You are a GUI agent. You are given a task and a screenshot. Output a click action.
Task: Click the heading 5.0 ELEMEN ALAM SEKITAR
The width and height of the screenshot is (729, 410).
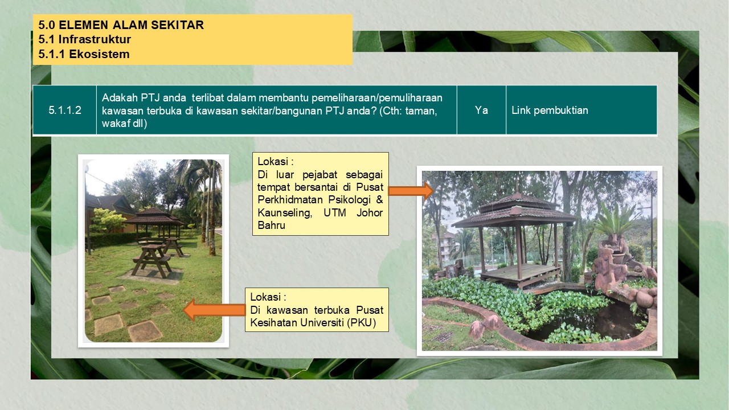pos(121,25)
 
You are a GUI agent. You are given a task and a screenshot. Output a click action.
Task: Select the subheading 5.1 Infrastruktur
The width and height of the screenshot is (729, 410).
pos(85,39)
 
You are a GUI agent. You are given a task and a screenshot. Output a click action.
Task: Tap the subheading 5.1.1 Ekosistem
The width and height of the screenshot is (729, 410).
pos(84,54)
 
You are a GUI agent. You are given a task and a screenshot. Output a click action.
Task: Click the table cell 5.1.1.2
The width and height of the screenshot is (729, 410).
pos(65,110)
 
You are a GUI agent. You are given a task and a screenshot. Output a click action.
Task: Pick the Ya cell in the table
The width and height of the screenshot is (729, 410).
pos(481,110)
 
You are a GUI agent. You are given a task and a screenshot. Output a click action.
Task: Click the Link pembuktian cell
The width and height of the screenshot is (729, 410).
pos(581,110)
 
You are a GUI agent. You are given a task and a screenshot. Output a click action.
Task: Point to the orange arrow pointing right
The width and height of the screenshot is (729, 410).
pos(411,191)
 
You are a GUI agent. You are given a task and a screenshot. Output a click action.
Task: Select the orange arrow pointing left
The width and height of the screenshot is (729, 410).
pos(215,310)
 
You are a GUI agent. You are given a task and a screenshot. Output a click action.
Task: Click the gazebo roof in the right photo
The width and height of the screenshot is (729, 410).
pos(514,210)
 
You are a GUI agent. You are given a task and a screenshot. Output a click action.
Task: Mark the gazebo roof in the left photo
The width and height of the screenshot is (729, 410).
pos(154,217)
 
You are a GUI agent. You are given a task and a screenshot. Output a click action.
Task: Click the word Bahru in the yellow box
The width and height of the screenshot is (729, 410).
pos(272,225)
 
